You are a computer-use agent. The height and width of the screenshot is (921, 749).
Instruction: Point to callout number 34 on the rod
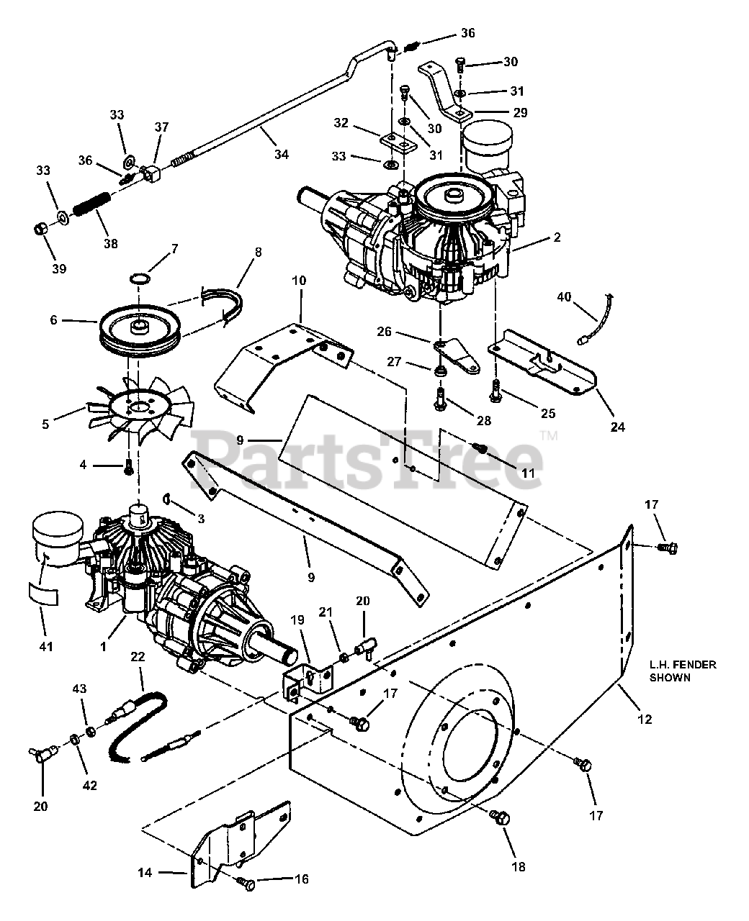click(x=281, y=153)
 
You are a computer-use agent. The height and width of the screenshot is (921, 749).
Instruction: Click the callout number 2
click(x=557, y=237)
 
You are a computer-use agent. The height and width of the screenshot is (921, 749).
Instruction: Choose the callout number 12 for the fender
click(x=644, y=719)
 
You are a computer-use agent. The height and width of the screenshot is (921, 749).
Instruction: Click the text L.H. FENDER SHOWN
click(x=683, y=671)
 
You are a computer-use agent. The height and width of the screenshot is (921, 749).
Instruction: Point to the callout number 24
click(x=617, y=427)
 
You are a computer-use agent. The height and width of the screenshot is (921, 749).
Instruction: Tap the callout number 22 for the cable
click(x=138, y=656)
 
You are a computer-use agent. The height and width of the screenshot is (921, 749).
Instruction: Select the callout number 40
click(x=563, y=296)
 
